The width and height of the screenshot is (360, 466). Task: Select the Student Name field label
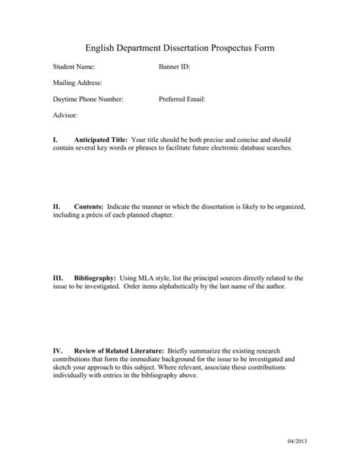[x=74, y=67]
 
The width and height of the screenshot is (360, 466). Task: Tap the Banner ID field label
[x=175, y=67]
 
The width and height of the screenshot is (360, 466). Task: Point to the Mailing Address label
[x=77, y=83]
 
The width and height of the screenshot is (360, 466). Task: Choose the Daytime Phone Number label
[x=88, y=99]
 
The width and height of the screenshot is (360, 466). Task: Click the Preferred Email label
[x=182, y=99]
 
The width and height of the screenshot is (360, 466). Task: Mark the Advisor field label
[x=66, y=115]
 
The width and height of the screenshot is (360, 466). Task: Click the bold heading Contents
[x=89, y=207]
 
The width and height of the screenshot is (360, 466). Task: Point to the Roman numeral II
[x=56, y=207]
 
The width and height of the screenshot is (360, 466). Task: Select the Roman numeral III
[x=58, y=279]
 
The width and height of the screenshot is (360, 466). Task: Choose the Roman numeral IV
[x=57, y=351]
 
